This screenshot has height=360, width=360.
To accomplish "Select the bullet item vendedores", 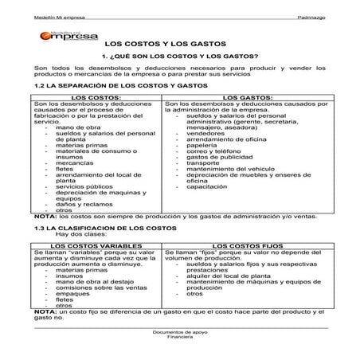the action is (x=205, y=133).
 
